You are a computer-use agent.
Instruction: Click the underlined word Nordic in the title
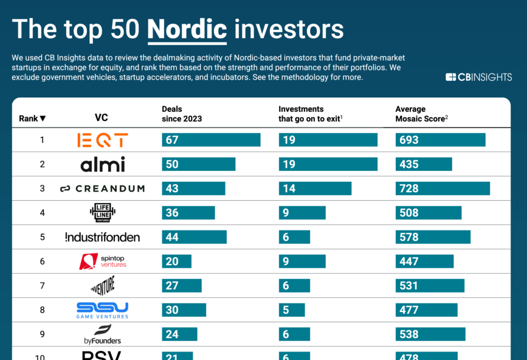click(187, 29)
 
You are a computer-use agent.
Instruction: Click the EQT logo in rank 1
click(102, 140)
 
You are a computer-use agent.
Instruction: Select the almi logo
click(102, 164)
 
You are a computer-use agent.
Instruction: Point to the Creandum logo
click(102, 189)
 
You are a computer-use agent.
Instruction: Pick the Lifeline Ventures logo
click(102, 213)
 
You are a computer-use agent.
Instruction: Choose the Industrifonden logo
click(102, 237)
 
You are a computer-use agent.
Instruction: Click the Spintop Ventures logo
click(102, 261)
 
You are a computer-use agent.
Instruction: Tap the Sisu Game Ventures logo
click(102, 310)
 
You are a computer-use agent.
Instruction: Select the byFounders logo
click(102, 334)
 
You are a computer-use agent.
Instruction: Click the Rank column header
click(32, 119)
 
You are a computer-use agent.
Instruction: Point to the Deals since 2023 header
click(182, 114)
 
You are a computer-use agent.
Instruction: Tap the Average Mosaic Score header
click(422, 114)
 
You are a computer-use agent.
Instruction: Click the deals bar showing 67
click(211, 140)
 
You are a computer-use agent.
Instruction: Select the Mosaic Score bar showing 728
click(443, 189)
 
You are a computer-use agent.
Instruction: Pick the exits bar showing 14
click(315, 189)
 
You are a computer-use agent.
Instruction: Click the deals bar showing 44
click(194, 237)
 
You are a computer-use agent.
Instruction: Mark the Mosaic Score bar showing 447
click(424, 261)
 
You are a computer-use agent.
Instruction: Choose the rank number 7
click(43, 286)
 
